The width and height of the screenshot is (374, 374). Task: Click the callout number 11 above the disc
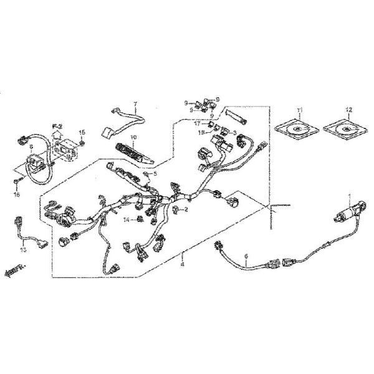pos(299,110)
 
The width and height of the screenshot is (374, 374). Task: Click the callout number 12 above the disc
pos(349,110)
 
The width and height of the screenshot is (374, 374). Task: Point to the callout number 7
pos(134,103)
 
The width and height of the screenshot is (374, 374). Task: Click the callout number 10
pos(132,137)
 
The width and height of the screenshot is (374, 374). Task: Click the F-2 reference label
pos(57,126)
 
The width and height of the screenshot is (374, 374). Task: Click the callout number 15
pos(82,133)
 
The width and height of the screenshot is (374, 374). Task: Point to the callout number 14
pos(126,220)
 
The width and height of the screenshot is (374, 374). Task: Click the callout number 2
pos(186,209)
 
